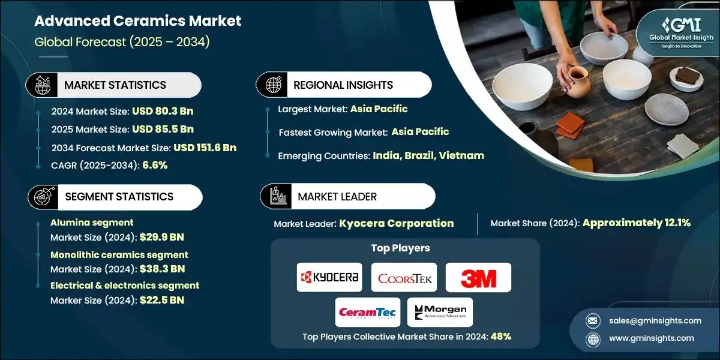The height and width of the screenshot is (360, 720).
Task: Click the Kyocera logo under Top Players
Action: tap(329, 277)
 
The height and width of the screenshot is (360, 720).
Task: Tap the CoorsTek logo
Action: tap(404, 277)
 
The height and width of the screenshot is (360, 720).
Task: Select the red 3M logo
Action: tap(478, 278)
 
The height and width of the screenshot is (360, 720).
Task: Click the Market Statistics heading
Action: tap(115, 85)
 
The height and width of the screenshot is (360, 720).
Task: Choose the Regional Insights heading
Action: tap(343, 85)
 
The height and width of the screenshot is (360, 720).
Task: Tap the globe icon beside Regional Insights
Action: tap(273, 85)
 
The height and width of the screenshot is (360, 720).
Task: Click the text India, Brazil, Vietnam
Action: tap(428, 155)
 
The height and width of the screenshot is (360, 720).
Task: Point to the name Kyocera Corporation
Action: tap(396, 223)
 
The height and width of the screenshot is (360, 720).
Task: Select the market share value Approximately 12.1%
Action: tap(636, 223)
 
